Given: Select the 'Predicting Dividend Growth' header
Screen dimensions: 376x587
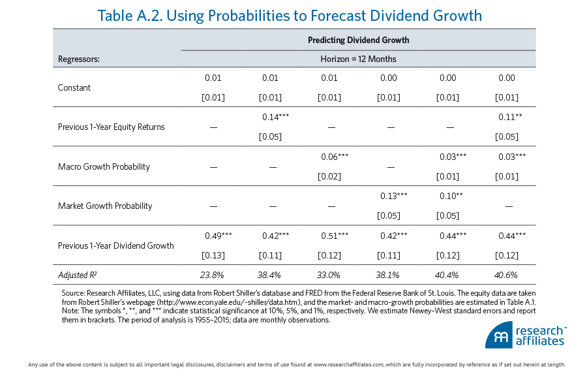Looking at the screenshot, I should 358,40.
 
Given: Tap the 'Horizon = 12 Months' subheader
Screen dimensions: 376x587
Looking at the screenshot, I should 358,59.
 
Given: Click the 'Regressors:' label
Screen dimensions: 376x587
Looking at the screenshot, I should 79,59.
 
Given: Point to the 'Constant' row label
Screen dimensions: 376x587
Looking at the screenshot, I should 74,88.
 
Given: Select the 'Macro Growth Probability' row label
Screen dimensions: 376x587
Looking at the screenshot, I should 104,166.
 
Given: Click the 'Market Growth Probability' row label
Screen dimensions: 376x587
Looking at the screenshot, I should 105,206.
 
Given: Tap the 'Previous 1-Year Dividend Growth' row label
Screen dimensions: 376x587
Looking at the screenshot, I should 116,245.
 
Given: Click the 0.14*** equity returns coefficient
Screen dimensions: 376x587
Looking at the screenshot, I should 275,117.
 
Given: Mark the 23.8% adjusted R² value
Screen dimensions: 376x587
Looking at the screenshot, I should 213,275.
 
